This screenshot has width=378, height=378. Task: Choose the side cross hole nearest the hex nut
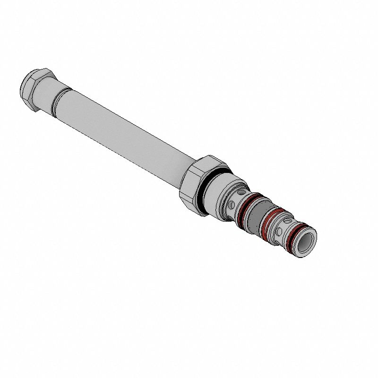pyautogui.click(x=232, y=205)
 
